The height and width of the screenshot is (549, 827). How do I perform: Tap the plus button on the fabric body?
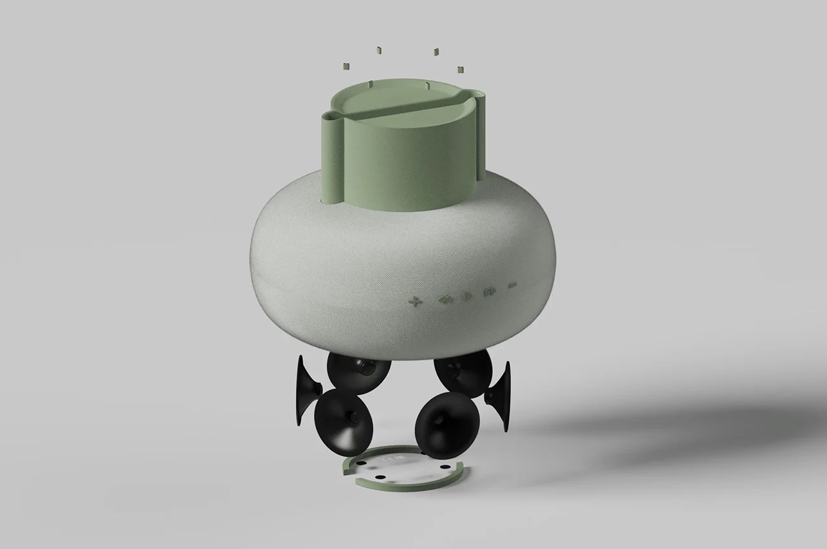coord(414,300)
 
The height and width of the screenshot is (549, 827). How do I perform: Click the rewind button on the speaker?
coord(445,299)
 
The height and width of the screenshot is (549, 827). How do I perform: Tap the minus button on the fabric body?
coord(512,285)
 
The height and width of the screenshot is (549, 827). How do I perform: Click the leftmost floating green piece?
coord(346,65)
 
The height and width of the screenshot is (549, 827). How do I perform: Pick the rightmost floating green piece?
coord(460,68)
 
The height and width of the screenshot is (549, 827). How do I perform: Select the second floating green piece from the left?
coord(379,49)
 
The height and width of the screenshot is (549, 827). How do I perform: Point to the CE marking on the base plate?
coord(388,459)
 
